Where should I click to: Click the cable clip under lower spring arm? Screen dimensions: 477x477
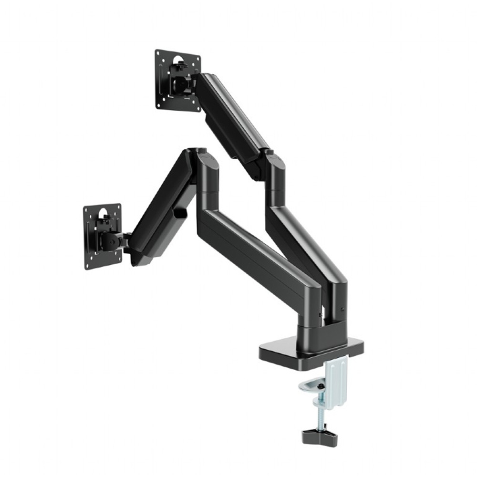tap(180, 212)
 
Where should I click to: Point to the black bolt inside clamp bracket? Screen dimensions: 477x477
tap(321, 385)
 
